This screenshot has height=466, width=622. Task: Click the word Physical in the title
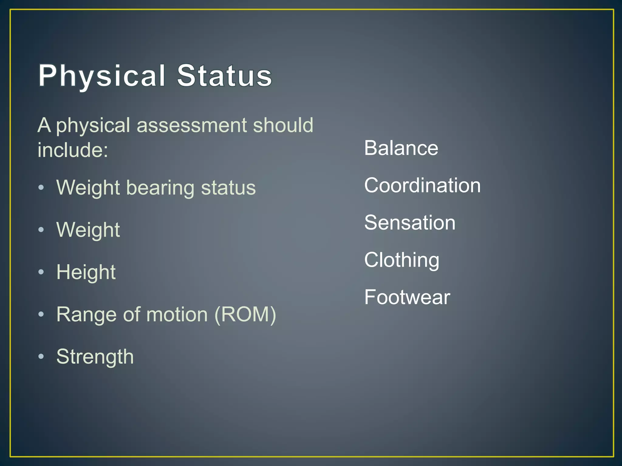pyautogui.click(x=102, y=76)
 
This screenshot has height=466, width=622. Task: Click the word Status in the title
pyautogui.click(x=224, y=76)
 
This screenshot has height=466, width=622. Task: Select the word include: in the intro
pyautogui.click(x=73, y=150)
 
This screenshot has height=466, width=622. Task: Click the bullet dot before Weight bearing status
pyautogui.click(x=41, y=187)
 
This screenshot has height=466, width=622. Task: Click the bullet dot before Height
pyautogui.click(x=41, y=272)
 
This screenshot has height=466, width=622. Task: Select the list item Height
pyautogui.click(x=86, y=272)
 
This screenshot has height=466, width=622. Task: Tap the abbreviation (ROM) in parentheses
pyautogui.click(x=245, y=314)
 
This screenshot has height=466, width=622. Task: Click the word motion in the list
pyautogui.click(x=177, y=314)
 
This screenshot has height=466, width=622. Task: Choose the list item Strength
pyautogui.click(x=95, y=357)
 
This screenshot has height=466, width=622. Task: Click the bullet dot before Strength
pyautogui.click(x=41, y=356)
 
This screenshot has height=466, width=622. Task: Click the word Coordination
pyautogui.click(x=422, y=185)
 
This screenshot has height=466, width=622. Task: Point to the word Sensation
pyautogui.click(x=410, y=223)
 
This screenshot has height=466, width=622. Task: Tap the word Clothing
pyautogui.click(x=402, y=260)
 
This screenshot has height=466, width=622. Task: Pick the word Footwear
pyautogui.click(x=407, y=297)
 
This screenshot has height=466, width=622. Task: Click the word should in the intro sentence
pyautogui.click(x=283, y=125)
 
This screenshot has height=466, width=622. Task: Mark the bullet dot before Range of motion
pyautogui.click(x=41, y=314)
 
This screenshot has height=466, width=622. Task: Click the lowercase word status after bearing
pyautogui.click(x=228, y=188)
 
